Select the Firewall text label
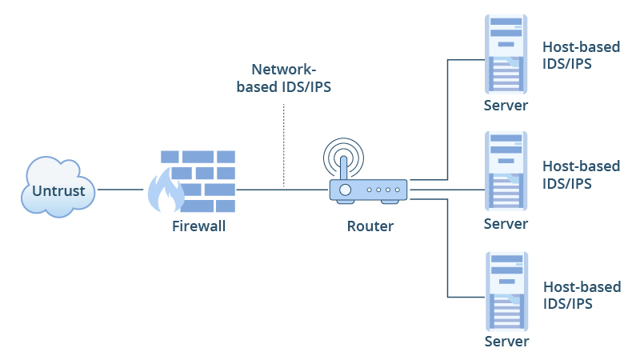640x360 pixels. tap(199, 226)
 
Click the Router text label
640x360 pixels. tap(370, 226)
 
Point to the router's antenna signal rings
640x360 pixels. tap(344, 154)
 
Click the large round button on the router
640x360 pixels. tap(345, 190)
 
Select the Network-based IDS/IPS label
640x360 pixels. tap(284, 78)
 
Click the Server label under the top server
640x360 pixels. tap(506, 106)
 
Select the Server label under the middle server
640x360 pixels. tap(506, 224)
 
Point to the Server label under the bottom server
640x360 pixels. tap(506, 342)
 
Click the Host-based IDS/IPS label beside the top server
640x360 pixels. tap(581, 55)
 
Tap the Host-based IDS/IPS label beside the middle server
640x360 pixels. tap(581, 174)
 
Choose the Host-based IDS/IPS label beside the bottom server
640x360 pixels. tap(581, 294)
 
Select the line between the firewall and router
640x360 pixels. tap(280, 190)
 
